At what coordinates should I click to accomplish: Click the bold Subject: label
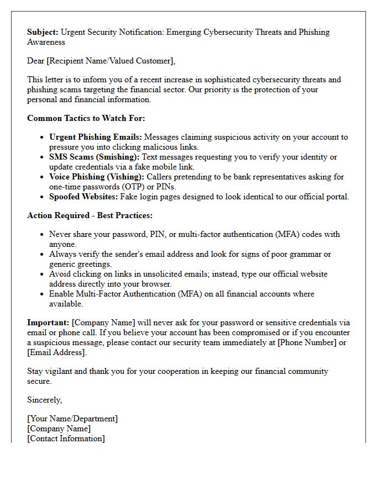[43, 32]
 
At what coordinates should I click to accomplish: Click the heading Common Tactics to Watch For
[86, 118]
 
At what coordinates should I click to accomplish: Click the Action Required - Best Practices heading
[90, 215]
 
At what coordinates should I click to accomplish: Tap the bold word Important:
[48, 322]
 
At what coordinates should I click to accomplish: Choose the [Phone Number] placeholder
[309, 342]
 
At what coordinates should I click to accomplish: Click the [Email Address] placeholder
[57, 352]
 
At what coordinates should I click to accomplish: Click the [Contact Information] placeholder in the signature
[66, 438]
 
